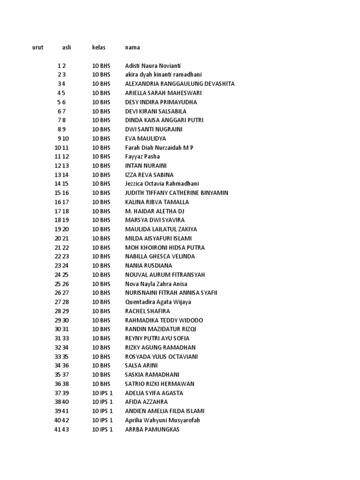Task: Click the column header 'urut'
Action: coord(38,47)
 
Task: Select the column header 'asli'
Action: coord(66,47)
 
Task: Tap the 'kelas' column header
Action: coord(98,47)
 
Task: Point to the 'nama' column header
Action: coord(132,47)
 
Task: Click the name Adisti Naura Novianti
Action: coord(153,66)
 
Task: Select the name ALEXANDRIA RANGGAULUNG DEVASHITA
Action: coord(180,84)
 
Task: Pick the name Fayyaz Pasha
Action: coord(142,157)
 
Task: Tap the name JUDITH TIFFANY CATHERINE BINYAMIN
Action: coord(177,193)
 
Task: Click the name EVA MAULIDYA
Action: coord(145,138)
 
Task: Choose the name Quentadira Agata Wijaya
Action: coord(158,302)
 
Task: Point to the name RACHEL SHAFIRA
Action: coord(148,311)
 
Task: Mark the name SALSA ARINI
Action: coord(141,366)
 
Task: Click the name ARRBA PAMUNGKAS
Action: coord(152,429)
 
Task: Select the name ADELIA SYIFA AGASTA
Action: coord(154,393)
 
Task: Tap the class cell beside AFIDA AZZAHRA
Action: coord(102,402)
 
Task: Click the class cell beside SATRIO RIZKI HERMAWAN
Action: coord(101,383)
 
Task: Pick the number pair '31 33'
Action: coord(62,338)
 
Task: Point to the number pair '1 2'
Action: coord(62,66)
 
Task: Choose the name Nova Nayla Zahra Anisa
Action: coord(156,284)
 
